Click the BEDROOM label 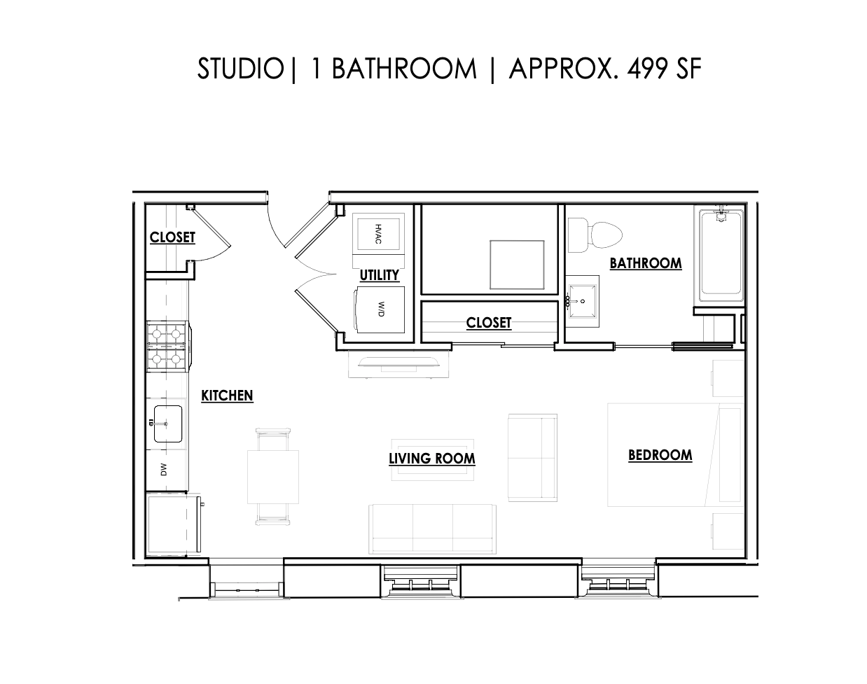click(x=660, y=455)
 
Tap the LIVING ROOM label click(x=432, y=459)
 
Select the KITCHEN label click(x=227, y=396)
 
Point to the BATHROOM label click(x=645, y=263)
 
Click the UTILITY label click(x=379, y=275)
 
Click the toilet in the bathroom click(x=595, y=235)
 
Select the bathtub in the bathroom click(x=721, y=252)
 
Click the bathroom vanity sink click(x=583, y=301)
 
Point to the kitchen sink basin click(x=168, y=424)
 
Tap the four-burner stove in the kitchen click(x=167, y=347)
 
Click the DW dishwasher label click(x=164, y=470)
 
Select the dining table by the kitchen click(x=273, y=477)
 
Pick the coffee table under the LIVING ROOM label click(x=432, y=460)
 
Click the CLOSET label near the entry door click(x=172, y=237)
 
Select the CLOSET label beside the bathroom click(x=489, y=323)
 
